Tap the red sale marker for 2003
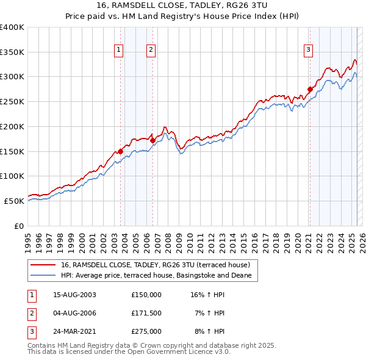point(121,151)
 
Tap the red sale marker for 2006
point(152,140)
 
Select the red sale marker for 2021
point(310,89)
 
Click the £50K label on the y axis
point(14,201)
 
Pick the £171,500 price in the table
point(146,313)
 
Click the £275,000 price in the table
point(146,331)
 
